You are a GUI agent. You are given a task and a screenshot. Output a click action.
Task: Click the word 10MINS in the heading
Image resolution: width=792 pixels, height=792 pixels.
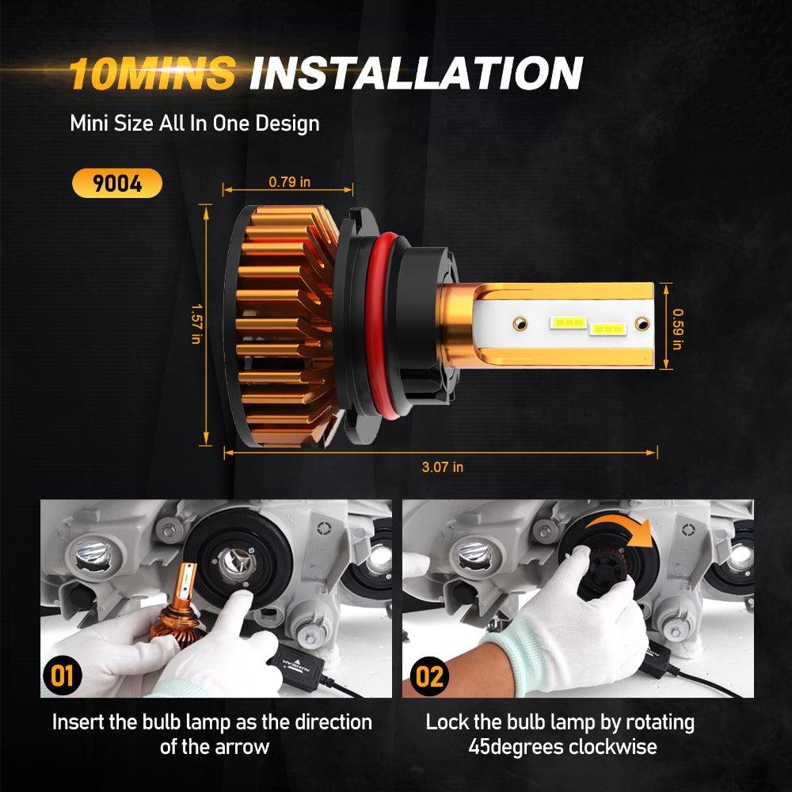pos(153,74)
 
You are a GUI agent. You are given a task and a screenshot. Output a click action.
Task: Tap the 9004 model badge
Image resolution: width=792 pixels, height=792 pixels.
pos(116,184)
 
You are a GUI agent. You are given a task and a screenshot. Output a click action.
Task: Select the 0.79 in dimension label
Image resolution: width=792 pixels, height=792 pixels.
pos(289,182)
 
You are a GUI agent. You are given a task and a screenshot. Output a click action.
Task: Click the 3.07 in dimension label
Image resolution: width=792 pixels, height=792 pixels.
pos(443,466)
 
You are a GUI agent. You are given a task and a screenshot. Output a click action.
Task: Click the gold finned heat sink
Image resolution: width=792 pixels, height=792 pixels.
pos(281,325)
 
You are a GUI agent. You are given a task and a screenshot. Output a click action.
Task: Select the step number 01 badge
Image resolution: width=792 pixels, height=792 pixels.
pos(62,676)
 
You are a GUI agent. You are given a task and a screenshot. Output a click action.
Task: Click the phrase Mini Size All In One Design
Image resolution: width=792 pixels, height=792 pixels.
pos(194,124)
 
